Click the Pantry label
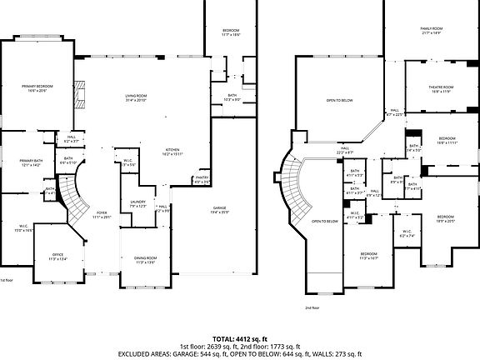tap(202, 179)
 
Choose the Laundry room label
tap(138, 203)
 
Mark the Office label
tap(57, 257)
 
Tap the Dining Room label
tap(146, 260)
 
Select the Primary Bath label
tap(32, 162)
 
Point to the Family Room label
tap(431, 31)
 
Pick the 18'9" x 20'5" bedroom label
tap(447, 217)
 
